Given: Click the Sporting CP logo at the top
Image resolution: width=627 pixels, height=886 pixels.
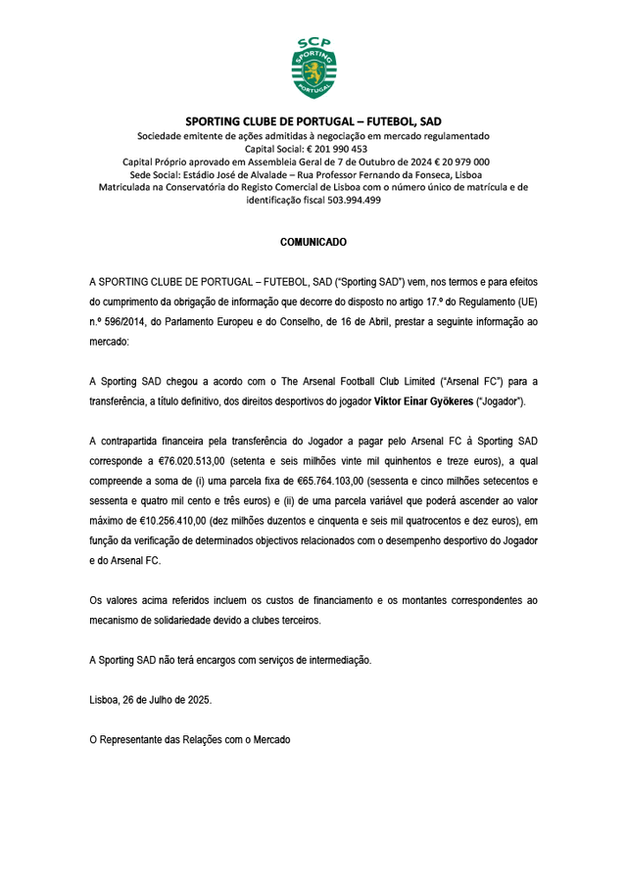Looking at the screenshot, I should [313, 67].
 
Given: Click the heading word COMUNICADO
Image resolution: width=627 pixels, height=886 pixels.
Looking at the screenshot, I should [313, 241].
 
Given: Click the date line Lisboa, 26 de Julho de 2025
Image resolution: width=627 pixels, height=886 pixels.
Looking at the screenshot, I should [150, 700].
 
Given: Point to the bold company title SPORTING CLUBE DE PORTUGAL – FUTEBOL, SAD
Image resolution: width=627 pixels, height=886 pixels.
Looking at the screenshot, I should [313, 121].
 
